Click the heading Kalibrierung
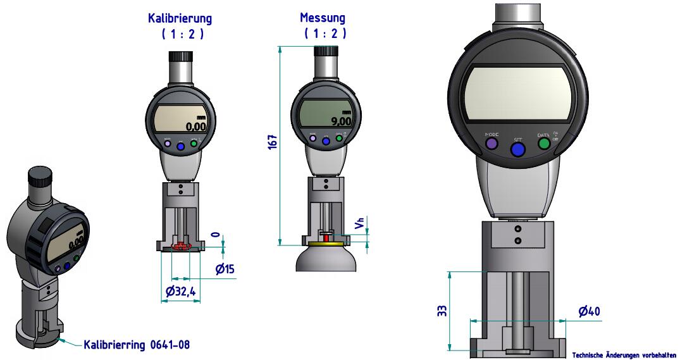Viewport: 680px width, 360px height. pyautogui.click(x=180, y=18)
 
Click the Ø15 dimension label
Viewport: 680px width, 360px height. pyautogui.click(x=225, y=269)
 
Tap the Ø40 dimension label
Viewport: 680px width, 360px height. pyautogui.click(x=589, y=311)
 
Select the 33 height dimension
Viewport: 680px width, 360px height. pyautogui.click(x=442, y=311)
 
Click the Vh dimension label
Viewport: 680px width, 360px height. pyautogui.click(x=359, y=223)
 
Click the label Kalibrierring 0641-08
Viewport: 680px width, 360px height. pyautogui.click(x=137, y=345)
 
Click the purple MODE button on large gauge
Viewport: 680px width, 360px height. pyautogui.click(x=491, y=144)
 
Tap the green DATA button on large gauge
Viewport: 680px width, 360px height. pyautogui.click(x=543, y=144)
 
